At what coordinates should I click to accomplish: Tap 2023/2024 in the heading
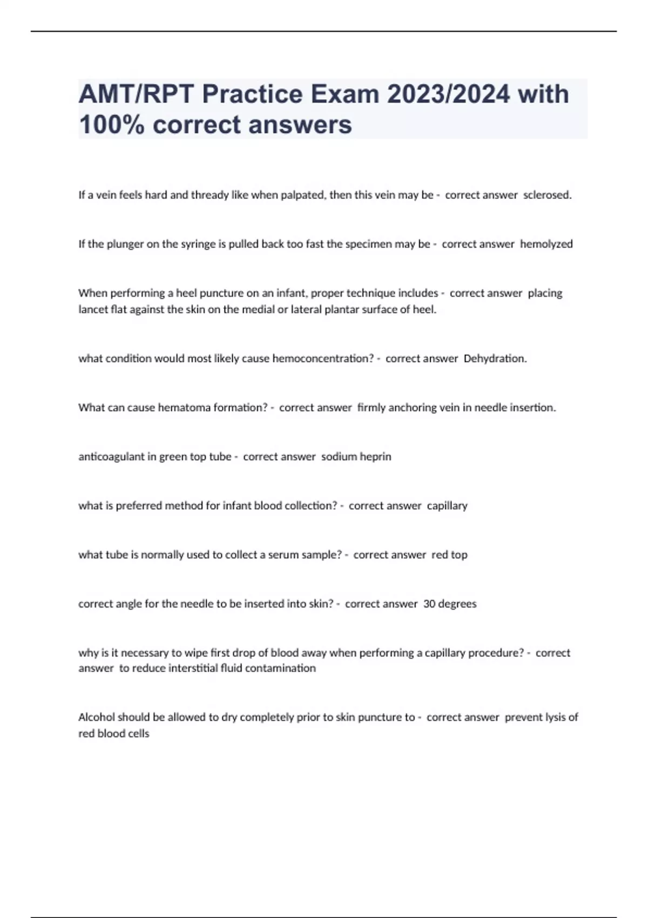[x=448, y=94]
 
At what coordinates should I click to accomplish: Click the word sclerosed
[x=547, y=195]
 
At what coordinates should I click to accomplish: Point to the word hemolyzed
[x=546, y=244]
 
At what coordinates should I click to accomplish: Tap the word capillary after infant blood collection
[x=447, y=506]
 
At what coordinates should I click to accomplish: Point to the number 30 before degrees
[x=429, y=604]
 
